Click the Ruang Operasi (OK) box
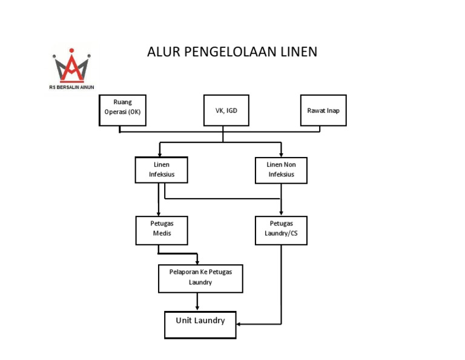coord(122,110)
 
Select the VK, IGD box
coord(223,110)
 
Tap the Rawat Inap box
coord(323,110)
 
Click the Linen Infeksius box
coord(160,170)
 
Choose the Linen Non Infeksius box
coord(281,170)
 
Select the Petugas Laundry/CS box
coord(281,230)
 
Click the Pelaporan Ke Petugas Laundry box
coord(200,277)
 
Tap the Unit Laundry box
coord(200,324)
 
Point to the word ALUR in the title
coord(160,52)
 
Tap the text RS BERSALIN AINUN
coord(71,87)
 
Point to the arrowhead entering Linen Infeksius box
coord(159,154)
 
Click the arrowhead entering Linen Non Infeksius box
coord(281,154)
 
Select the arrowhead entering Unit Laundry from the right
coord(239,324)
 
